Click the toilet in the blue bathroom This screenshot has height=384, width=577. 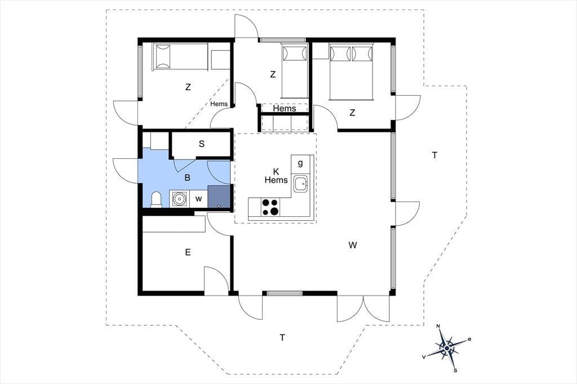point(157,200)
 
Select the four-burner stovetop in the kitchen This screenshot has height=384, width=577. point(270,207)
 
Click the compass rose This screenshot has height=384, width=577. point(447,347)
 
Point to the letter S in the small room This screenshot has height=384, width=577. point(202,144)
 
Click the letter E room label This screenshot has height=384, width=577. point(188,252)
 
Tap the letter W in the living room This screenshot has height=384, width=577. point(353,245)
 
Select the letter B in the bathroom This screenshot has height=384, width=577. point(187,178)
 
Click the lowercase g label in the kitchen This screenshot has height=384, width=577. point(300,163)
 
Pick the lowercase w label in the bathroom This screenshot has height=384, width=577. point(199,199)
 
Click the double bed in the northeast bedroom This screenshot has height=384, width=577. point(351,72)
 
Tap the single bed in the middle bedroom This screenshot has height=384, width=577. point(295,71)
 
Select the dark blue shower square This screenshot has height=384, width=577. point(219,197)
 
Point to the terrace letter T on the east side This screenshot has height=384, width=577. point(434,155)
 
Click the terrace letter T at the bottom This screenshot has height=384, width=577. point(282,337)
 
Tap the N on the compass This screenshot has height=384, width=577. point(438,326)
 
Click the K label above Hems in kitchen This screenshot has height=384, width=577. point(276,171)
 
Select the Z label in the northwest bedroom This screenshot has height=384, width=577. point(188,87)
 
